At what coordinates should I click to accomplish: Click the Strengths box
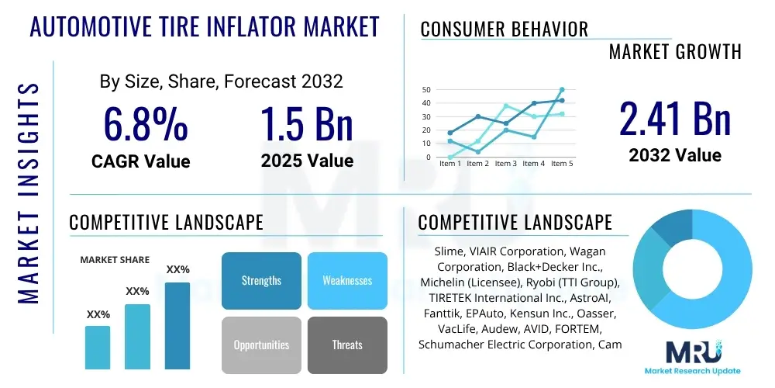pyautogui.click(x=261, y=280)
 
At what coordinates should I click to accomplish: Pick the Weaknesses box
pyautogui.click(x=347, y=280)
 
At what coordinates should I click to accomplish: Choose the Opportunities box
pyautogui.click(x=261, y=345)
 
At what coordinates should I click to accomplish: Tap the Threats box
pyautogui.click(x=347, y=345)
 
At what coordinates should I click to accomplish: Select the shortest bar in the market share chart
pyautogui.click(x=98, y=347)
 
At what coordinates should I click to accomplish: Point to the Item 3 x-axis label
pyautogui.click(x=505, y=164)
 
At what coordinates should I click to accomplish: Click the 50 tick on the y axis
pyautogui.click(x=425, y=90)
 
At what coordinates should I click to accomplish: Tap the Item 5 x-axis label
pyautogui.click(x=561, y=164)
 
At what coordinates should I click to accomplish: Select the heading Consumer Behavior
pyautogui.click(x=504, y=29)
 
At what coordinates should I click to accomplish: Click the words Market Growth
pyautogui.click(x=675, y=52)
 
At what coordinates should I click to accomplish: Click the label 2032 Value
pyautogui.click(x=675, y=155)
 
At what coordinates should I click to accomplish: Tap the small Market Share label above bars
pyautogui.click(x=115, y=260)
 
